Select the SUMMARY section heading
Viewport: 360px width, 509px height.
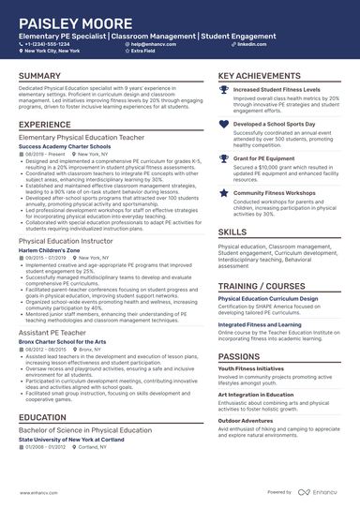pyautogui.click(x=40, y=76)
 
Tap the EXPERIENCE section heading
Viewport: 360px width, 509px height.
pyautogui.click(x=45, y=124)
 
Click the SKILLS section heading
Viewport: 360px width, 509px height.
pyautogui.click(x=232, y=231)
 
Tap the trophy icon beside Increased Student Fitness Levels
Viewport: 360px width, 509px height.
pyautogui.click(x=222, y=90)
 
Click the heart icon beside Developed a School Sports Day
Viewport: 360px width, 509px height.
pyautogui.click(x=222, y=124)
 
